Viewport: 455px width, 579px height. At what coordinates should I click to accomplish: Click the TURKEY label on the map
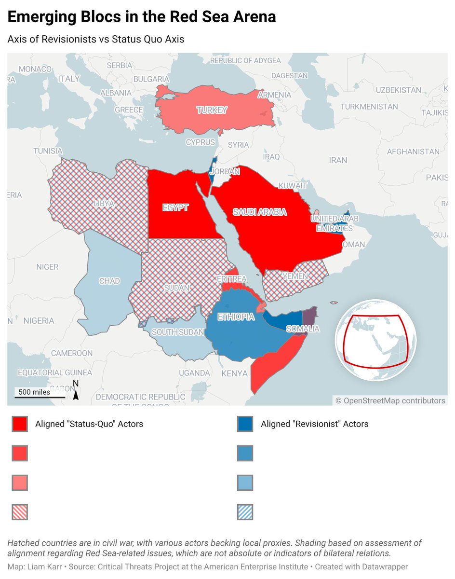[212, 110]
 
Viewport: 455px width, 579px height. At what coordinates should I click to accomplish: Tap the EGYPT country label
[175, 208]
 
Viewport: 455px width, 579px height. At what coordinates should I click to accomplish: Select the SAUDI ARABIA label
[260, 212]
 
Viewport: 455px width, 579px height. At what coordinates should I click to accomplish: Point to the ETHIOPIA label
[236, 317]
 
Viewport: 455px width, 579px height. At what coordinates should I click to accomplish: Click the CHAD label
[109, 281]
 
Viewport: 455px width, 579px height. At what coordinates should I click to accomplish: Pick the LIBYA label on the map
[105, 204]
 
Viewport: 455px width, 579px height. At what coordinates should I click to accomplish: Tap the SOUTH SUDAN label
[178, 332]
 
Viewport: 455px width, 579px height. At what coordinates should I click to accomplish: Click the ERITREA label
[232, 279]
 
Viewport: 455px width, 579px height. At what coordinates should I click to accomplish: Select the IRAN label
[338, 160]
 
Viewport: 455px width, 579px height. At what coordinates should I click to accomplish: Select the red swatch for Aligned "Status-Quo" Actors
[20, 424]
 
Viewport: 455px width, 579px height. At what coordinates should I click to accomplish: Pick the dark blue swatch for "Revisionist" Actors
[245, 424]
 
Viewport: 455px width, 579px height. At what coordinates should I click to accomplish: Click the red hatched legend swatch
[20, 512]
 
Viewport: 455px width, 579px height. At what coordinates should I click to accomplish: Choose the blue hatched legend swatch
[245, 512]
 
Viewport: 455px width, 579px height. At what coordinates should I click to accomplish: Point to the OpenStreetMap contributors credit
[390, 400]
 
